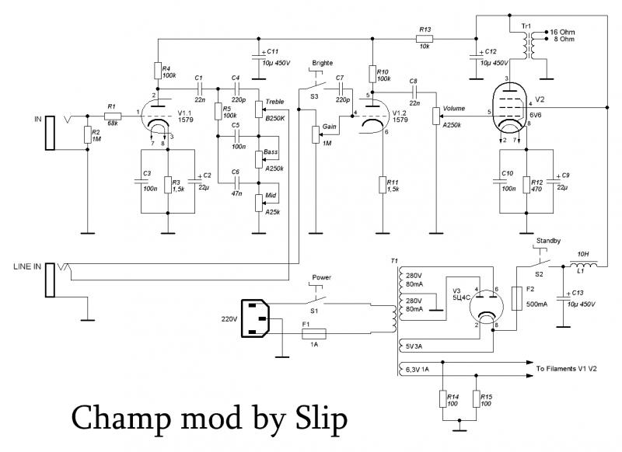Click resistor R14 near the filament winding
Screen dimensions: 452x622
442,399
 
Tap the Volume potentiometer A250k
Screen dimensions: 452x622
435,116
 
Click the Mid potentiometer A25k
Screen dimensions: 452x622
258,203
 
